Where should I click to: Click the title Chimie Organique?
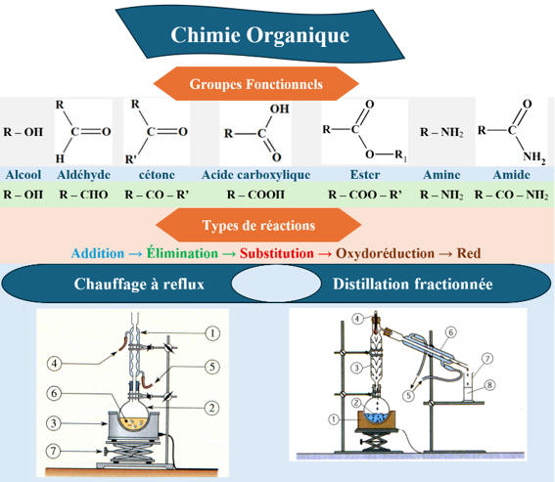click(x=259, y=35)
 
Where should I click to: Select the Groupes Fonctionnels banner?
click(x=255, y=84)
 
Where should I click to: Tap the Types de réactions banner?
click(x=258, y=225)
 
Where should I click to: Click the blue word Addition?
click(x=98, y=253)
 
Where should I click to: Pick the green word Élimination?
click(x=182, y=253)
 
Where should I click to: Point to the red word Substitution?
click(x=276, y=253)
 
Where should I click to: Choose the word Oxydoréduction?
click(x=385, y=253)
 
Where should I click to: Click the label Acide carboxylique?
click(x=255, y=175)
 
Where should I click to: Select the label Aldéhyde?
click(x=83, y=175)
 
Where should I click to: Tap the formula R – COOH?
click(x=255, y=195)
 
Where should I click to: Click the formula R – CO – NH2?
click(x=512, y=195)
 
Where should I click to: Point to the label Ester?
click(x=365, y=175)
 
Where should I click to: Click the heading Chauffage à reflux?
click(x=139, y=284)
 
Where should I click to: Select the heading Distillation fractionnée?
click(x=413, y=284)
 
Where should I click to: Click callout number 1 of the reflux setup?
click(x=212, y=333)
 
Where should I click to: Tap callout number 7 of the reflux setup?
click(x=53, y=451)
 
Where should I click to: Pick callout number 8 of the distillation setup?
click(x=489, y=385)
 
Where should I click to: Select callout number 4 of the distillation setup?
click(x=357, y=319)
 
